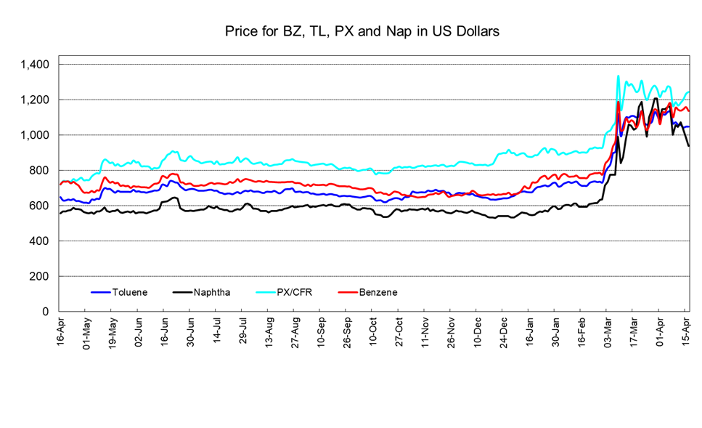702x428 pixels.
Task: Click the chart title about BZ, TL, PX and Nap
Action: [361, 31]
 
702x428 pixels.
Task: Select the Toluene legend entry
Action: [129, 292]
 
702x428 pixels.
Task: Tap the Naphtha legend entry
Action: [213, 292]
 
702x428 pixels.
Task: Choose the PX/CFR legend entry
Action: [299, 292]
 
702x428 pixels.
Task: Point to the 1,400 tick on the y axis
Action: [35, 65]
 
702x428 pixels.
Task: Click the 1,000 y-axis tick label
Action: [35, 135]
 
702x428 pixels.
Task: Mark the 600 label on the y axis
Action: [39, 206]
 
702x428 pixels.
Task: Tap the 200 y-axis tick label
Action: [39, 276]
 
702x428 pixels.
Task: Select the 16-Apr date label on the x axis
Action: [61, 332]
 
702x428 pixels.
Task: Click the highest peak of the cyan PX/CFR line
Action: [618, 76]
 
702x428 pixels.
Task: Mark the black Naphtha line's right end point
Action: [688, 146]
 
